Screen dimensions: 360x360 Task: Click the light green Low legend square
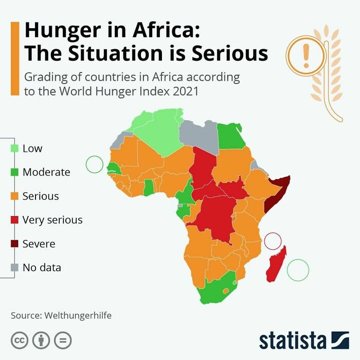click(x=14, y=149)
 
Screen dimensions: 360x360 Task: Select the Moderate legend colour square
click(x=14, y=172)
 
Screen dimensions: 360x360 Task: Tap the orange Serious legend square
click(x=14, y=196)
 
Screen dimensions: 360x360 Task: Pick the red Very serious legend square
click(x=14, y=220)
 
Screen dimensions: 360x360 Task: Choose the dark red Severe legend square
click(x=14, y=244)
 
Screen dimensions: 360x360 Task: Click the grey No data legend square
click(x=14, y=267)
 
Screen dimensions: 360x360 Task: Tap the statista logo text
click(x=293, y=340)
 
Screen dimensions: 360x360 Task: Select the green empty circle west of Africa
click(x=95, y=164)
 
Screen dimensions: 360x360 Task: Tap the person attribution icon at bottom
click(x=41, y=340)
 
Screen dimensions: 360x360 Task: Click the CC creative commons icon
click(x=19, y=340)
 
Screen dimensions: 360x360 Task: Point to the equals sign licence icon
click(x=63, y=340)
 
